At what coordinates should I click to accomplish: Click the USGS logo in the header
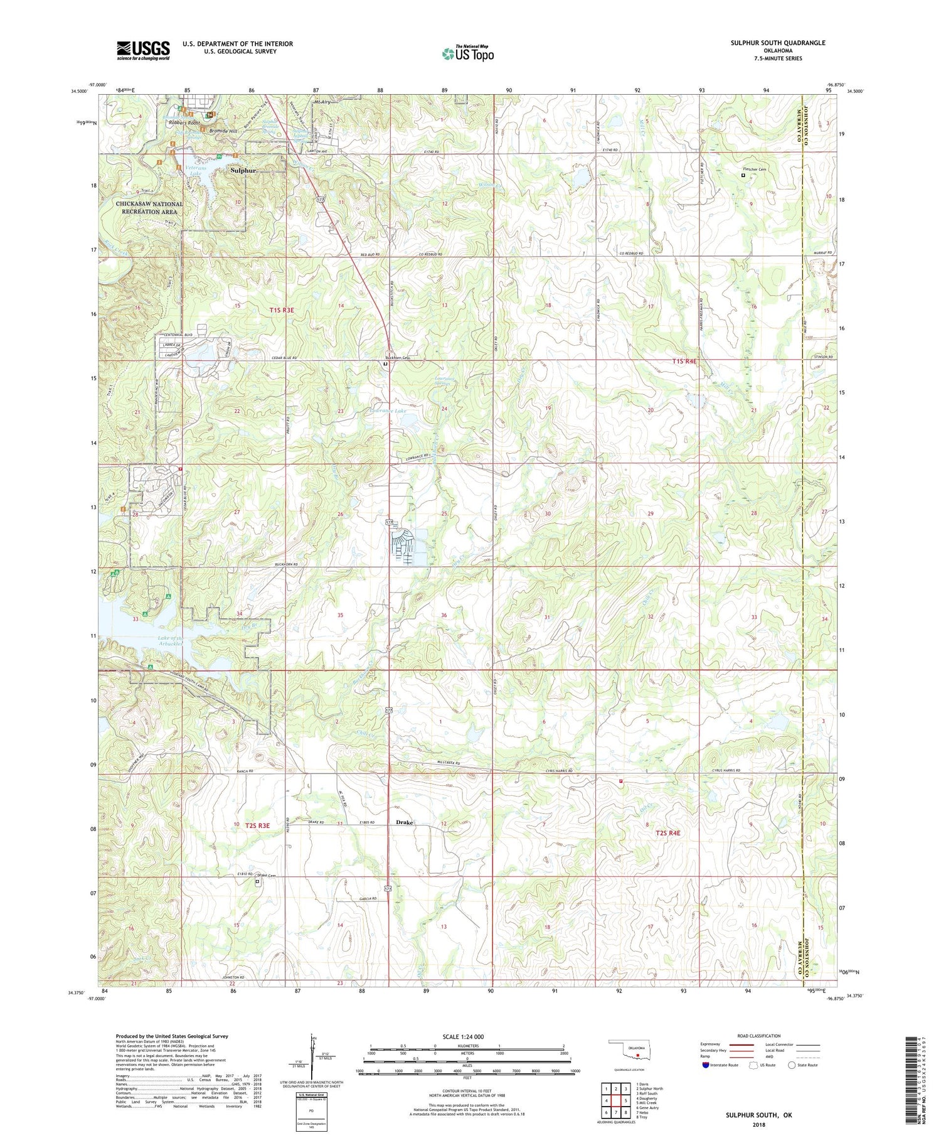[143, 50]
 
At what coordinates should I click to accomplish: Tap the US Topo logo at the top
[467, 54]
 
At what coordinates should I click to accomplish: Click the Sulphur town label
[243, 170]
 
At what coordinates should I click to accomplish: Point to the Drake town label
[404, 822]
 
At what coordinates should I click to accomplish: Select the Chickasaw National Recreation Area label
[149, 208]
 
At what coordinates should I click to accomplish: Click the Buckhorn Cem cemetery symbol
[385, 364]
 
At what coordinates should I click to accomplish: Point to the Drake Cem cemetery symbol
[257, 881]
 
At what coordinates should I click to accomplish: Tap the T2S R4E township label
[667, 832]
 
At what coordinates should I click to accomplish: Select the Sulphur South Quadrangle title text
[777, 43]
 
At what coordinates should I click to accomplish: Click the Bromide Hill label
[223, 131]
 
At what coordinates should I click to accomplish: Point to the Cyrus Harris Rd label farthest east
[725, 770]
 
